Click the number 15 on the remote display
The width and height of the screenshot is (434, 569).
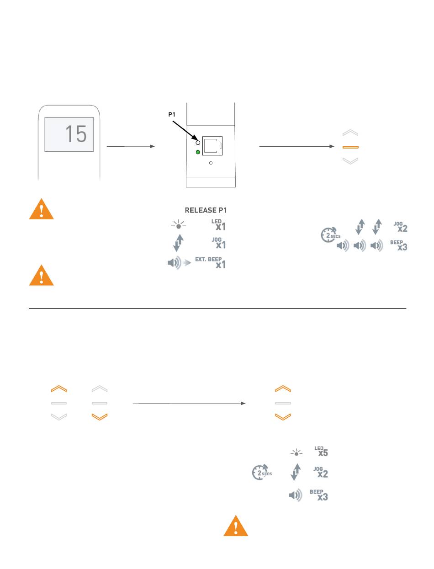click(76, 133)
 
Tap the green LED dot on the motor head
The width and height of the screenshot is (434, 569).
click(198, 152)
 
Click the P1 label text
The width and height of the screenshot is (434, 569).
click(172, 114)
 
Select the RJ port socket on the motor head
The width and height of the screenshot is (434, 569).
click(212, 146)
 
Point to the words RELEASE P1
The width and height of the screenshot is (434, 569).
click(206, 210)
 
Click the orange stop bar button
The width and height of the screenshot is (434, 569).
click(350, 147)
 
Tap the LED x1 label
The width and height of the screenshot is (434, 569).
click(218, 225)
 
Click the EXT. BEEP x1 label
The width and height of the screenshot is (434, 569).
click(211, 262)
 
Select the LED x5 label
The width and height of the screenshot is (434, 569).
click(321, 451)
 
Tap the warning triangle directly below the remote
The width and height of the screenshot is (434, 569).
click(42, 210)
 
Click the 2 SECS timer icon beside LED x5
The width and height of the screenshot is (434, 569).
click(261, 472)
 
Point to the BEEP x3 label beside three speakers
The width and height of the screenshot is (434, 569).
click(398, 245)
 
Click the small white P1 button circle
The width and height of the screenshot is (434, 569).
click(198, 143)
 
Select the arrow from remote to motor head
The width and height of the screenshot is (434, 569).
click(131, 146)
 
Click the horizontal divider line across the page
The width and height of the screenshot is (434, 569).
click(217, 308)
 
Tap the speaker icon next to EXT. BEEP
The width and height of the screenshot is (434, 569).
click(175, 263)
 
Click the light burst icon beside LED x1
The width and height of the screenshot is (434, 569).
click(179, 225)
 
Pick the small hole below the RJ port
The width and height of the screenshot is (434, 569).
click(211, 163)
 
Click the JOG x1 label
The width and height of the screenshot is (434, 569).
click(219, 243)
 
